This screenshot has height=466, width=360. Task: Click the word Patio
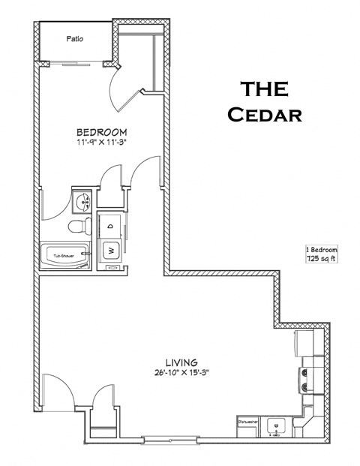click(73, 38)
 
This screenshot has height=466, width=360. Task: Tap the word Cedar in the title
click(265, 115)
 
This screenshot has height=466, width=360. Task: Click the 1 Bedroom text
click(322, 249)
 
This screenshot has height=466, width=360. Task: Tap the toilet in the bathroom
click(76, 226)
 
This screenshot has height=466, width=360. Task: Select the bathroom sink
click(82, 200)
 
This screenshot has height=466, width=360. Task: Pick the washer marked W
click(110, 249)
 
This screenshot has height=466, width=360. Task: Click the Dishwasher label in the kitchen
click(248, 422)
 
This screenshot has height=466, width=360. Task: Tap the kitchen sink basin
click(276, 425)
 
